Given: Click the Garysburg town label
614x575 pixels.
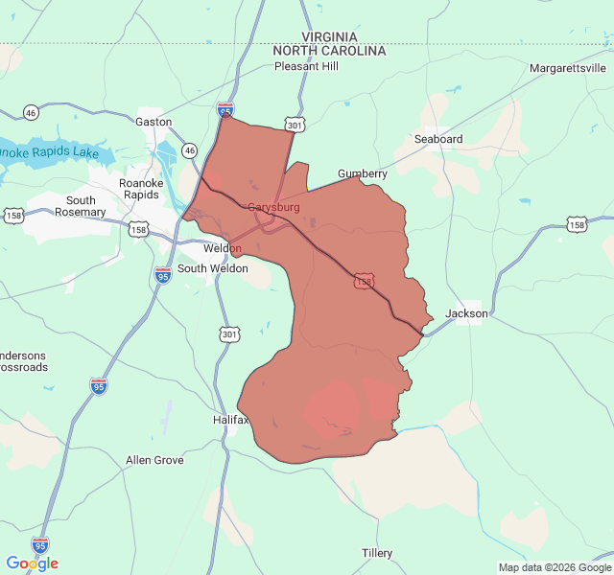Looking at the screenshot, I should (273, 207).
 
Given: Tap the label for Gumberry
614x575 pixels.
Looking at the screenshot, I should (363, 173).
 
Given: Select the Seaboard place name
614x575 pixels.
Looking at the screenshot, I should (438, 139).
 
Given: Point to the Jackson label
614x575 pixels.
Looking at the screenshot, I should (467, 313).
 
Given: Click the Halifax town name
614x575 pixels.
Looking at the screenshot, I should (230, 420).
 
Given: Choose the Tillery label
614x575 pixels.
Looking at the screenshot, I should (377, 553).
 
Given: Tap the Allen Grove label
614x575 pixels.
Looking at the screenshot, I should (154, 460).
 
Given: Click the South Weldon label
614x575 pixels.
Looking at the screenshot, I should (212, 268).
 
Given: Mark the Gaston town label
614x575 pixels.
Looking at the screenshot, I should (153, 122).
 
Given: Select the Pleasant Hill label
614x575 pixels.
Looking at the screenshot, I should (306, 66).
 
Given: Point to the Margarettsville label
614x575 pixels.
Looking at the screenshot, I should (568, 68).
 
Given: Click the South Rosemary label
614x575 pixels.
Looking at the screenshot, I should (81, 206).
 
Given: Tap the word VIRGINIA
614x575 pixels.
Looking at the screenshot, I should (329, 36).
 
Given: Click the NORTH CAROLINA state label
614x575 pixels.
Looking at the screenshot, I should (329, 51).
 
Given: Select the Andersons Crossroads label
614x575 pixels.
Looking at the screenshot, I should (21, 361).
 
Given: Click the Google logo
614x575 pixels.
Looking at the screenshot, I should (32, 563).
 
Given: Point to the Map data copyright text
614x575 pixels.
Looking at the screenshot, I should (554, 567).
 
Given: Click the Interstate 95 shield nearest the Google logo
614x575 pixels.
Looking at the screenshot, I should (40, 544).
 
